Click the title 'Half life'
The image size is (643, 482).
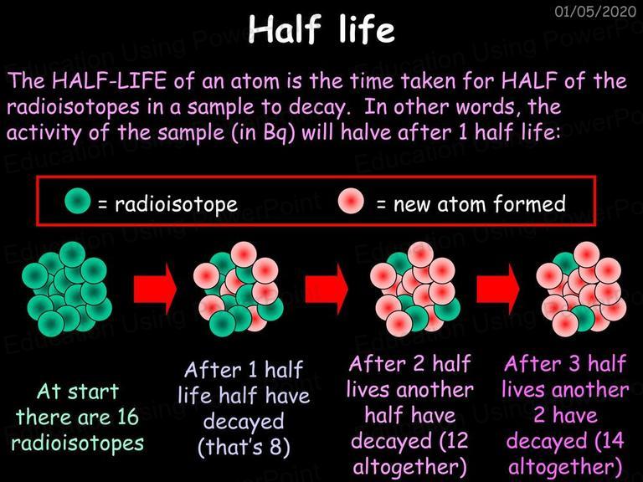[321, 28]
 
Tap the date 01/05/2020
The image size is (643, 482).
[595, 11]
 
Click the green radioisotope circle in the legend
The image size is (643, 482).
[78, 201]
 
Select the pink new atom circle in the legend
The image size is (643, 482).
[351, 201]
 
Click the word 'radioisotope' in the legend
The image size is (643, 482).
[176, 203]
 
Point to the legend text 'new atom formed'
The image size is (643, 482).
[480, 203]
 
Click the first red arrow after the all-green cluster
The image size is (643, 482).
[156, 289]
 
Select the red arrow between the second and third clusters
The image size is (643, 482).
[327, 289]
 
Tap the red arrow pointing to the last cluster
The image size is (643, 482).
[498, 289]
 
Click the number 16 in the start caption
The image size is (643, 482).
[128, 417]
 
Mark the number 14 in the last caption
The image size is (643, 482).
[614, 441]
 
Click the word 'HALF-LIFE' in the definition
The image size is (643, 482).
[109, 80]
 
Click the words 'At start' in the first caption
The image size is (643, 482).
[78, 392]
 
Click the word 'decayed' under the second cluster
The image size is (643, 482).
[244, 422]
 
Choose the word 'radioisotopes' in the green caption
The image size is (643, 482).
[78, 443]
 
